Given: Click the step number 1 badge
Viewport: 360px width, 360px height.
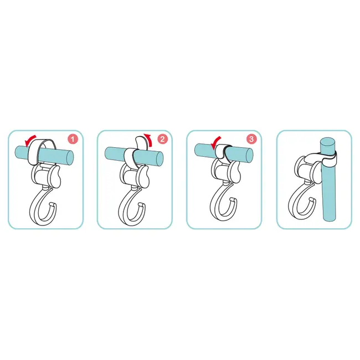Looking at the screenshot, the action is click(x=73, y=140).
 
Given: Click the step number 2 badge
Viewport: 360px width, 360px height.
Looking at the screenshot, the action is click(x=162, y=139).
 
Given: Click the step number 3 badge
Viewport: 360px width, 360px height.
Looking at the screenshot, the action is click(x=251, y=139).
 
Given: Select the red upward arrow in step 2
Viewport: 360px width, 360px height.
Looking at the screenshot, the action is click(x=149, y=140).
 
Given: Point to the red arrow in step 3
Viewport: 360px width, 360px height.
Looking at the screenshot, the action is click(x=216, y=142).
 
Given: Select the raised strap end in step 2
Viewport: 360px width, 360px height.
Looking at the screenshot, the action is click(x=140, y=142).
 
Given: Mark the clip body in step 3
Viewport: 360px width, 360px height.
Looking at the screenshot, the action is click(x=226, y=171).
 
